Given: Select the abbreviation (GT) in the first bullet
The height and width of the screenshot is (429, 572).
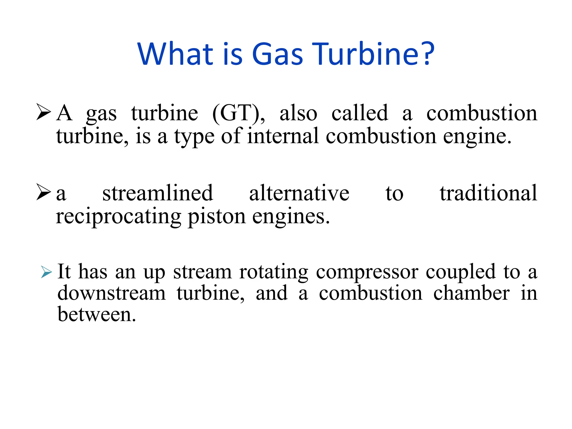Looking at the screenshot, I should coord(238,113).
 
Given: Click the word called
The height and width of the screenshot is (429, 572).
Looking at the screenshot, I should coord(360,113).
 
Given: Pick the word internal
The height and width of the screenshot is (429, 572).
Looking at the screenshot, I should coord(283,136).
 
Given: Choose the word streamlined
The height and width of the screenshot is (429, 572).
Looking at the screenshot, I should coord(158,193).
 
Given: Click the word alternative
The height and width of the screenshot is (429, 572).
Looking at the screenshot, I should coord(299,193).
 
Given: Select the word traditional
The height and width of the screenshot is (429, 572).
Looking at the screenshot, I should coord(488,193).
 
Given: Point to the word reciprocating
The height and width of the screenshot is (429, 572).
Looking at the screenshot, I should coord(118,217).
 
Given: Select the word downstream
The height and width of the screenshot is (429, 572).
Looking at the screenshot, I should coord(111,293).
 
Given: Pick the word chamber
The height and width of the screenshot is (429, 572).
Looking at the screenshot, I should coord(471,293).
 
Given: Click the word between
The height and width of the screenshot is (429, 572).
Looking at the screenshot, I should coord(97,314).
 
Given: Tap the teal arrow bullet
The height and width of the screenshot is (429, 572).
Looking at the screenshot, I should coord(46,272).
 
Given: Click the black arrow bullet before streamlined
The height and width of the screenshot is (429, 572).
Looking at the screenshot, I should coord(44,192).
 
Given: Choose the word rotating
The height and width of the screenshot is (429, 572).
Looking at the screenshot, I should coord(274,272).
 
